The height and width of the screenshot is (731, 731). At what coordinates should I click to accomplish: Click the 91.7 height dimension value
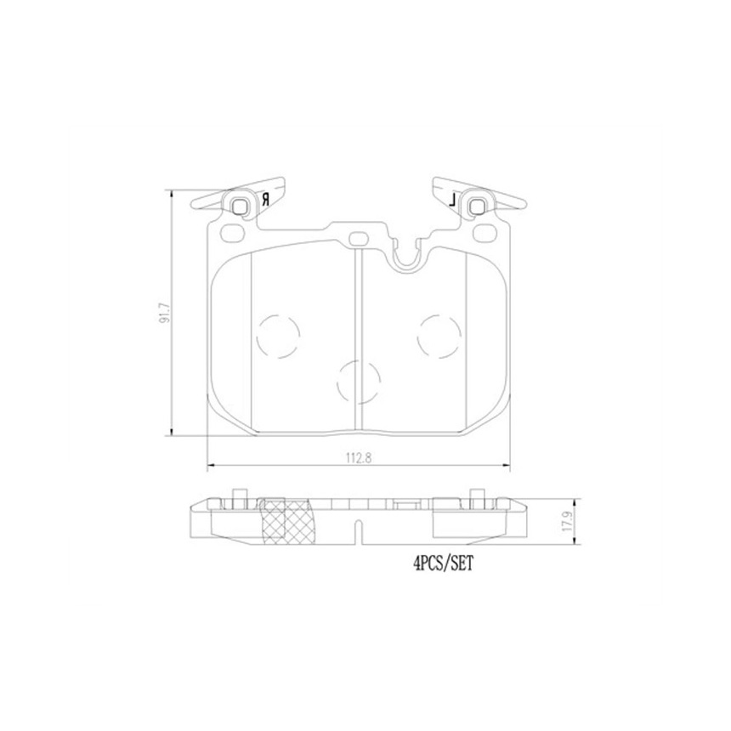[x=167, y=313]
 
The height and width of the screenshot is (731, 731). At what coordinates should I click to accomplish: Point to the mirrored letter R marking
[x=265, y=200]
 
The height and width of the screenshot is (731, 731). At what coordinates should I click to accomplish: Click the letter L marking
[x=454, y=201]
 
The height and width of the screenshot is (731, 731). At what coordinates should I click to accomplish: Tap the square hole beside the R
[x=241, y=205]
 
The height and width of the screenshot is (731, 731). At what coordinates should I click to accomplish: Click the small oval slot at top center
[x=358, y=239]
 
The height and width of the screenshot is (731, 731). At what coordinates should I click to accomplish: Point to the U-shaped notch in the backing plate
[x=409, y=252]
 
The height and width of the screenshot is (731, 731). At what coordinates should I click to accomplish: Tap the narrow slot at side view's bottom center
[x=358, y=534]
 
